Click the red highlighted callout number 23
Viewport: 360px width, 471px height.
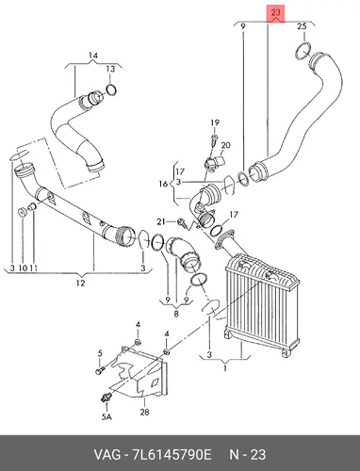point(275,13)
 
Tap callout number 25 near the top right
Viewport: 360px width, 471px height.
point(302,26)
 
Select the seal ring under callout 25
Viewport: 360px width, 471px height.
point(303,50)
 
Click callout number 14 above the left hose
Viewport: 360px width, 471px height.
point(93,56)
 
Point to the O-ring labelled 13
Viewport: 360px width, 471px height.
point(110,89)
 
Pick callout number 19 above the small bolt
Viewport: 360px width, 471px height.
point(215,122)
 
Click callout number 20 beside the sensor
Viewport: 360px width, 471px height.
point(225,145)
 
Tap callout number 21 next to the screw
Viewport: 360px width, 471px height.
point(161,222)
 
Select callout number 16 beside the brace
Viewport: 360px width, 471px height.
point(163,184)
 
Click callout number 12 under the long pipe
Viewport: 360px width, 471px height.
point(80,283)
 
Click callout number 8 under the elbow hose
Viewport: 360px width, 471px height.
point(176,314)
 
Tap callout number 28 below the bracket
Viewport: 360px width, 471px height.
point(144,412)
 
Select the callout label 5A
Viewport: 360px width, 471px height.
point(106,416)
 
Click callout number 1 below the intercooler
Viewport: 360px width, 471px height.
point(225,368)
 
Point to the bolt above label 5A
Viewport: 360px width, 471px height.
point(106,397)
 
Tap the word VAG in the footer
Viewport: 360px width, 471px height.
point(106,455)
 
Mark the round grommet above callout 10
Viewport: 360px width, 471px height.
point(22,212)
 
